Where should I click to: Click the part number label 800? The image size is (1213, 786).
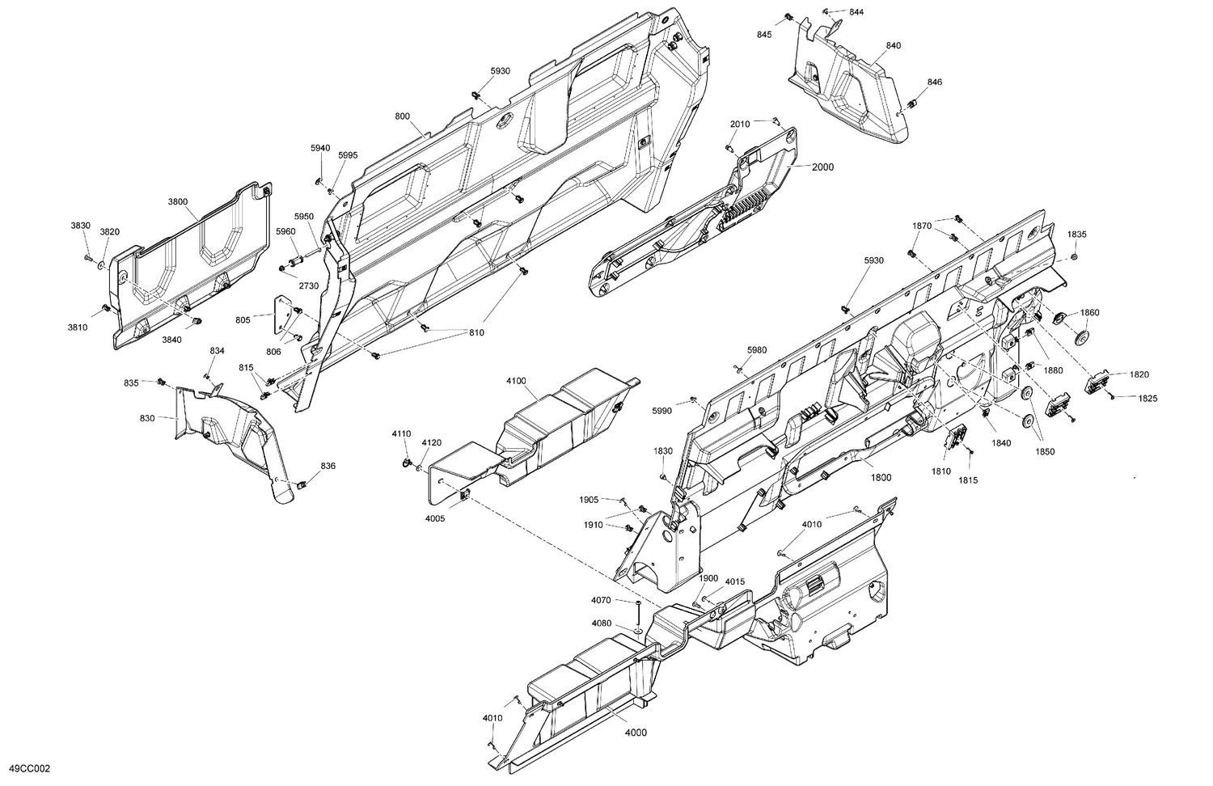pyautogui.click(x=402, y=116)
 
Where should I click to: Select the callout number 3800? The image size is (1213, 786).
pyautogui.click(x=177, y=201)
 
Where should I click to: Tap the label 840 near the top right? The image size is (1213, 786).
pyautogui.click(x=893, y=46)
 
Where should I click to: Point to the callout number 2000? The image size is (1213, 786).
pyautogui.click(x=822, y=167)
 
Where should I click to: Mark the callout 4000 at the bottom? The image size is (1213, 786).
pyautogui.click(x=636, y=733)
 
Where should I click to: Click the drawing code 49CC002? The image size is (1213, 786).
pyautogui.click(x=28, y=769)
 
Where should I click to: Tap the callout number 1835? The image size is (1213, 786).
pyautogui.click(x=1076, y=235)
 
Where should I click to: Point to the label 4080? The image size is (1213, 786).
pyautogui.click(x=601, y=623)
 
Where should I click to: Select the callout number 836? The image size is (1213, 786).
pyautogui.click(x=328, y=466)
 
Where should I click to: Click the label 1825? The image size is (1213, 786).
pyautogui.click(x=1147, y=399)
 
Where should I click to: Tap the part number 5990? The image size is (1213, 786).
pyautogui.click(x=661, y=412)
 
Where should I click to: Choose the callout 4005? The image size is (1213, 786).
pyautogui.click(x=436, y=496)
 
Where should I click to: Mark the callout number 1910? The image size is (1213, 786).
pyautogui.click(x=593, y=525)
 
